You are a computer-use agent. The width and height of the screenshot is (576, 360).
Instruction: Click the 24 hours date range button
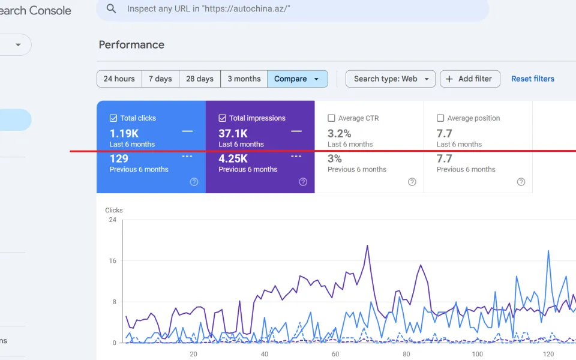(x=119, y=79)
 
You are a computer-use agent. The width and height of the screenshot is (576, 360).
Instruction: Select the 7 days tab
(x=160, y=79)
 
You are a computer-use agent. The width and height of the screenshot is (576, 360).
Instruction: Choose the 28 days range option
(x=199, y=79)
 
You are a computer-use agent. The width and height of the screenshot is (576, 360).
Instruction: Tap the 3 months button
(x=244, y=79)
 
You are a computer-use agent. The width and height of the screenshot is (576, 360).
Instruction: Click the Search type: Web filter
(x=391, y=79)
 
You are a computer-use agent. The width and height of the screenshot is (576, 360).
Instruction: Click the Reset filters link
(x=533, y=79)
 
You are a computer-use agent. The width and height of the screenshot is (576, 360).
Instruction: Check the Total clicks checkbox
(x=113, y=118)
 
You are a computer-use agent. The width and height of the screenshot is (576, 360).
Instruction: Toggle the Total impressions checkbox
(x=222, y=118)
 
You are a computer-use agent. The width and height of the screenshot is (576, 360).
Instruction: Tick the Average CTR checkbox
(x=331, y=118)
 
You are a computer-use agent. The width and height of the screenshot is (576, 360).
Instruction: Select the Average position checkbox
(x=440, y=118)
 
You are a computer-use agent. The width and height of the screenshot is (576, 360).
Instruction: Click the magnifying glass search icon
(x=111, y=8)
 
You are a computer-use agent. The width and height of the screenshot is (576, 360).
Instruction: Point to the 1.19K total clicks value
(x=124, y=133)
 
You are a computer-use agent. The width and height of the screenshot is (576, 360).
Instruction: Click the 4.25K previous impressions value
(x=233, y=158)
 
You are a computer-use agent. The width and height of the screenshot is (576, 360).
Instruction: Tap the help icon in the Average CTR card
(x=412, y=182)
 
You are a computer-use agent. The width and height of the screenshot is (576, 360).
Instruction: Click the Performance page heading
(x=131, y=45)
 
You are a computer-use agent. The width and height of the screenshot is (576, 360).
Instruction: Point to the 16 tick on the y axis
(x=112, y=261)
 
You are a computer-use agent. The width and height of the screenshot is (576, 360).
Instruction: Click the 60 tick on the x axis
(x=335, y=354)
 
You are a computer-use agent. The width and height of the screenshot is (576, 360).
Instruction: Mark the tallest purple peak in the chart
(x=367, y=246)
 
